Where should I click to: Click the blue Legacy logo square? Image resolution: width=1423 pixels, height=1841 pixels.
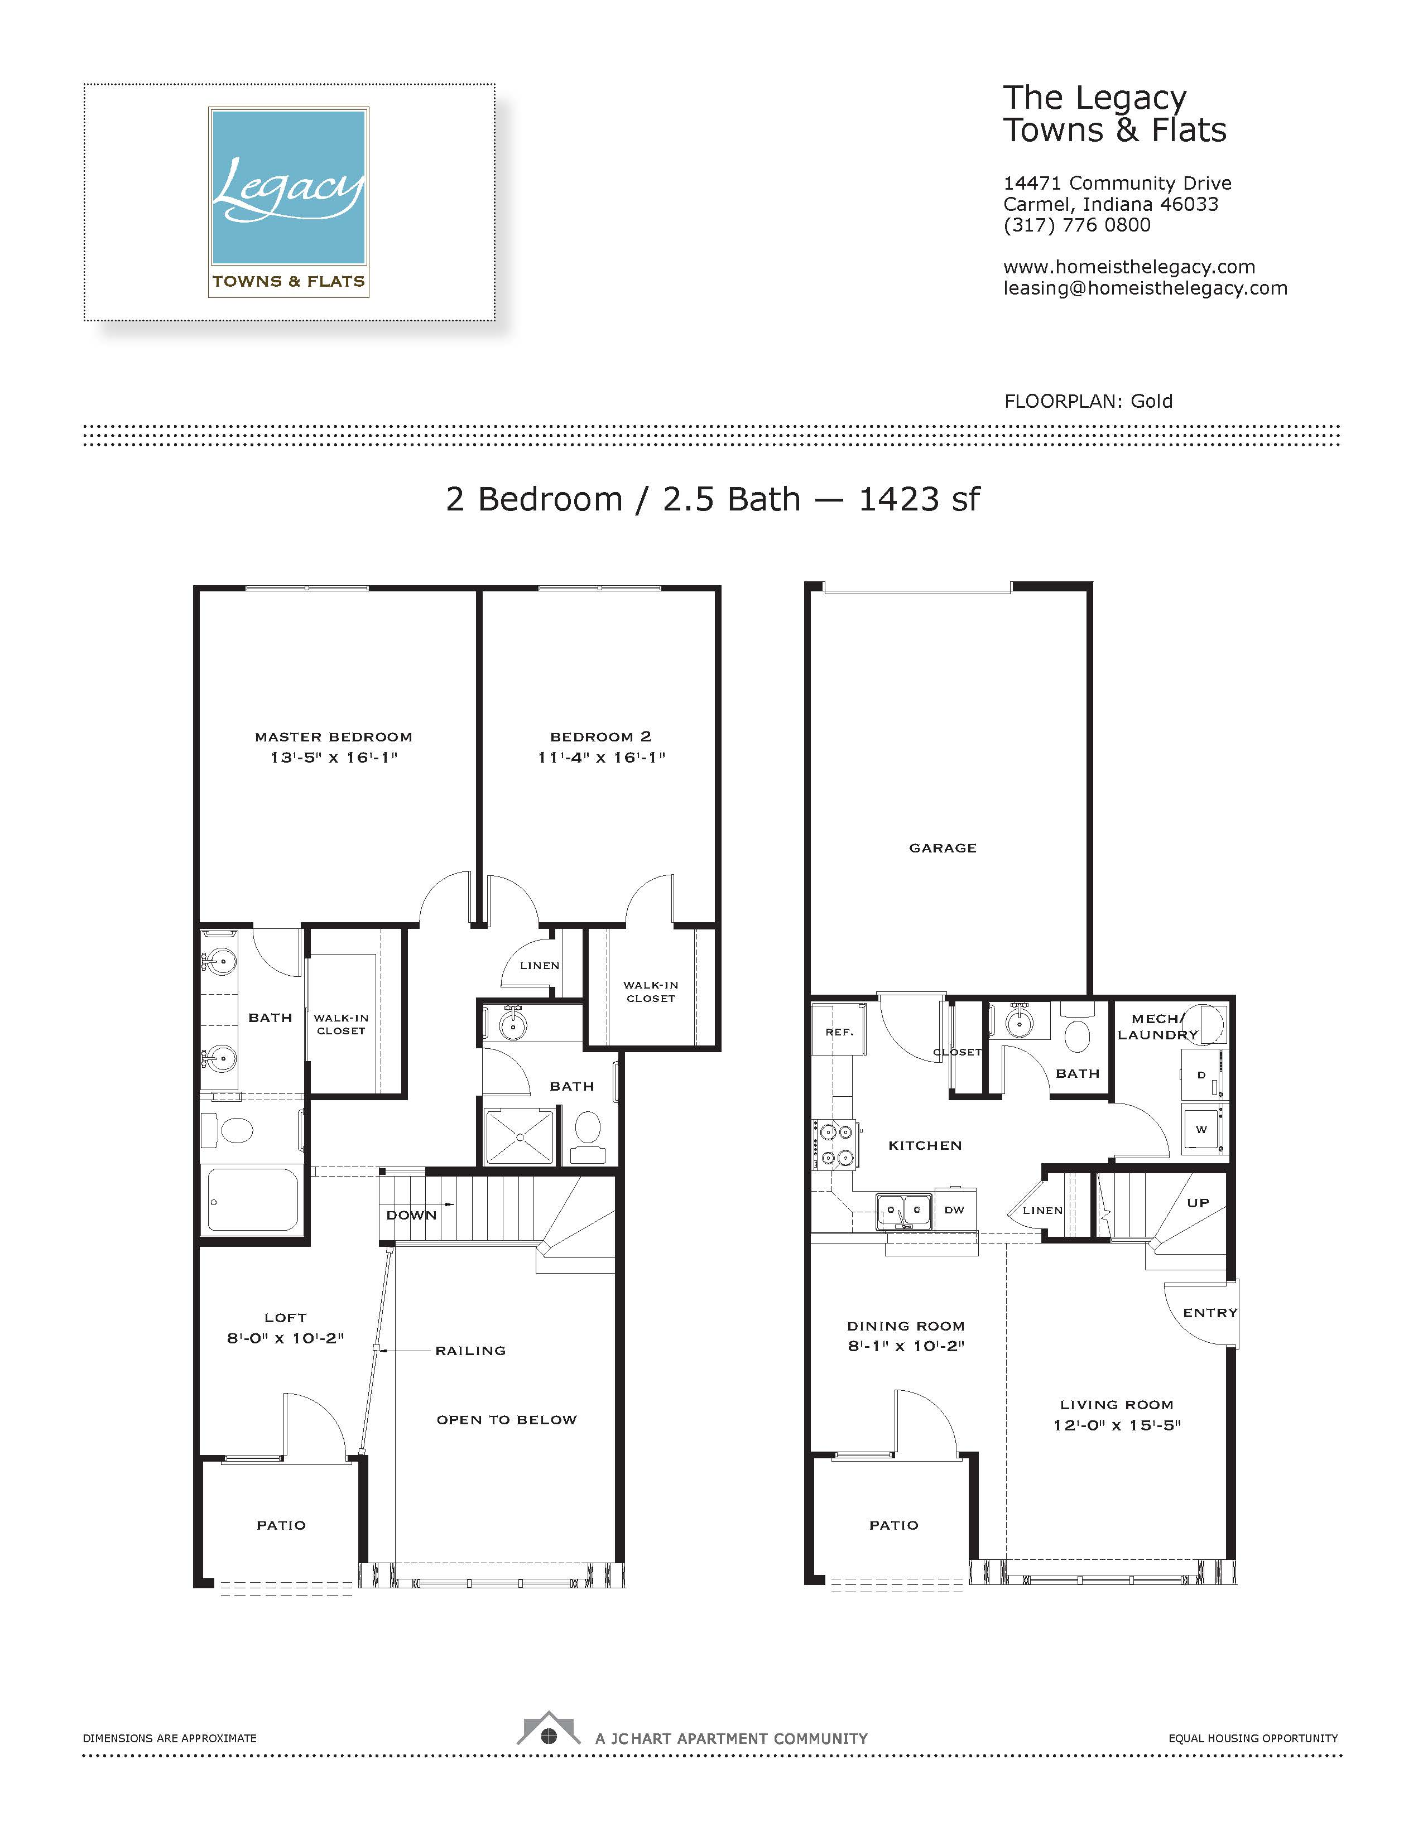click(x=289, y=186)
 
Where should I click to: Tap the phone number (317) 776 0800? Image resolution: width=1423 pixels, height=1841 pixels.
click(x=1076, y=225)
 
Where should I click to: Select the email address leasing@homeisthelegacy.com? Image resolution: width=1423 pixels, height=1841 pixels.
click(x=1145, y=288)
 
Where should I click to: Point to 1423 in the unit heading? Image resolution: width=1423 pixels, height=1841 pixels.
click(x=898, y=499)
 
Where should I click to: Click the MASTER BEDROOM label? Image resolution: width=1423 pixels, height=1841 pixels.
click(x=334, y=737)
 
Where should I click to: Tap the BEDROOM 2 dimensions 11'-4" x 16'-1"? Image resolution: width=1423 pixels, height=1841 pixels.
click(x=601, y=757)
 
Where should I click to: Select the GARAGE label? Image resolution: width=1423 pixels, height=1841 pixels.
click(x=943, y=848)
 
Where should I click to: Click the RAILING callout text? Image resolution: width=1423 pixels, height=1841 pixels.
click(x=470, y=1351)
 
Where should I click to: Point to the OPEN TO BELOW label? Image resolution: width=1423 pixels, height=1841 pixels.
click(x=507, y=1420)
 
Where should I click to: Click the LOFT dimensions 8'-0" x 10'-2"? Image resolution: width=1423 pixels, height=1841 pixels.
click(x=285, y=1338)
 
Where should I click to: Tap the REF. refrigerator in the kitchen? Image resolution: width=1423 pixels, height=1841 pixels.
click(x=839, y=1029)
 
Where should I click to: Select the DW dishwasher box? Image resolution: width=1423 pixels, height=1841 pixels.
click(x=954, y=1209)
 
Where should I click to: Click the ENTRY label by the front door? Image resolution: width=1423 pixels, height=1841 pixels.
click(x=1210, y=1313)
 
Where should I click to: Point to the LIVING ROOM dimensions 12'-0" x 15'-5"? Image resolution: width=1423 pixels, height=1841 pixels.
click(x=1117, y=1425)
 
